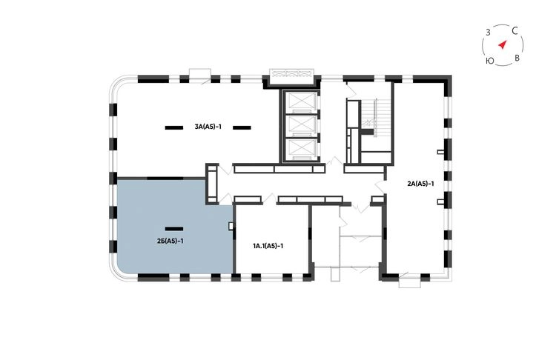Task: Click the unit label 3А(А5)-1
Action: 208,127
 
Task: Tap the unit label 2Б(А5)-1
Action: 171,241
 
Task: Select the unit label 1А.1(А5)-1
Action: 268,245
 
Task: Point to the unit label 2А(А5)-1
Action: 420,184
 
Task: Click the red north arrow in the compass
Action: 502,44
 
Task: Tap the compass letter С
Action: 515,31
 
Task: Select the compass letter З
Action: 488,33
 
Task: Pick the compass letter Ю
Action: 489,61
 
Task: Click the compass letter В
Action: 517,58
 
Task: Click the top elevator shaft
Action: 301,101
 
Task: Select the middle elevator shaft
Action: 301,124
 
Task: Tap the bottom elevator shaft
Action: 301,148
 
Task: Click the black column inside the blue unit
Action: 174,229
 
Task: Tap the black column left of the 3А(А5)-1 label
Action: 174,127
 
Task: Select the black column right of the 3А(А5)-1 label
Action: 242,127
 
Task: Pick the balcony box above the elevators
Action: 291,76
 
